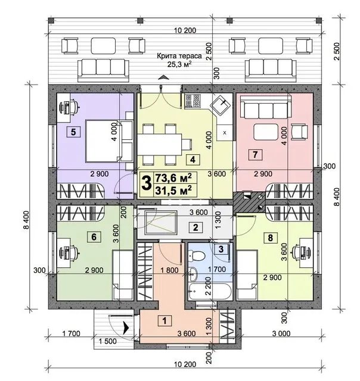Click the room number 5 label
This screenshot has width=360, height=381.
click(x=73, y=132)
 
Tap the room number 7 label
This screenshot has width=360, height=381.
click(x=255, y=154)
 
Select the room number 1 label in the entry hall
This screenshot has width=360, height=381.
click(x=165, y=320)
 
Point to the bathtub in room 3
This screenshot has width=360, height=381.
click(x=210, y=291)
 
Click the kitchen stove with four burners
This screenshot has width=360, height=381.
click(x=193, y=101)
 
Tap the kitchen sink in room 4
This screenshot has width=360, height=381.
click(x=220, y=106)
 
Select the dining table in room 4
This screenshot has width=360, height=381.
click(x=160, y=145)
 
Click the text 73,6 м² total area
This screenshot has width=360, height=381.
click(x=173, y=178)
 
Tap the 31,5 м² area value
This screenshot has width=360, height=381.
click(x=173, y=190)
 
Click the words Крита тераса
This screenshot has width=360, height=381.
click(x=179, y=56)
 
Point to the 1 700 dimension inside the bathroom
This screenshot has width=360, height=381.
click(x=217, y=269)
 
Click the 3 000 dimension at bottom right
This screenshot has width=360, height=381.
click(x=281, y=333)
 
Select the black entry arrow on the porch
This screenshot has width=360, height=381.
click(x=126, y=328)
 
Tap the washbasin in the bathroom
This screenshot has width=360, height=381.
click(x=193, y=274)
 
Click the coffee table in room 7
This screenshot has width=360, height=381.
click(x=266, y=132)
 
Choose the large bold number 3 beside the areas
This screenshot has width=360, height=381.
click(x=147, y=183)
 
